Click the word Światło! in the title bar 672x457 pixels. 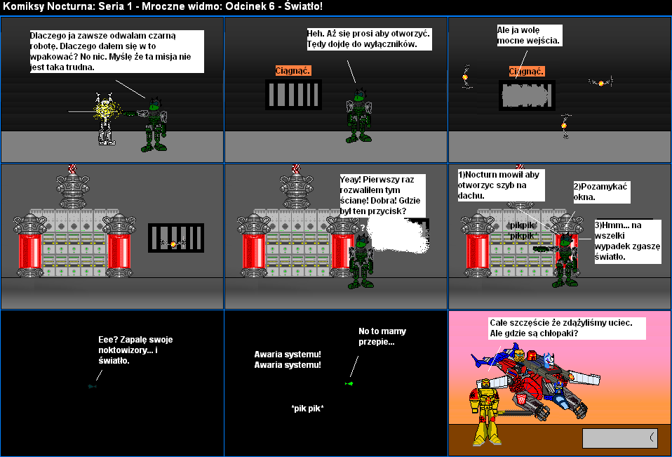pyautogui.click(x=303, y=6)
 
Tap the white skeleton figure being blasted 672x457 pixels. pyautogui.click(x=105, y=119)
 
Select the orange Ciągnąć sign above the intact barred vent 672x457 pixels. pyautogui.click(x=293, y=71)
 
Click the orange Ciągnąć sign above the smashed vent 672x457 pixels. pyautogui.click(x=527, y=71)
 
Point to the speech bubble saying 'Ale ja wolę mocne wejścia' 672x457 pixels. pyautogui.click(x=530, y=35)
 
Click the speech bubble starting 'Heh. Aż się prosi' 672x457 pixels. pyautogui.click(x=369, y=39)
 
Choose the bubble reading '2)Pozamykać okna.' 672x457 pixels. pyautogui.click(x=602, y=192)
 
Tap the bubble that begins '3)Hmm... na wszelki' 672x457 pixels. pyautogui.click(x=627, y=241)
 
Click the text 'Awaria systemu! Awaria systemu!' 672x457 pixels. pyautogui.click(x=288, y=359)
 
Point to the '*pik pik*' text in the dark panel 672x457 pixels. pyautogui.click(x=307, y=408)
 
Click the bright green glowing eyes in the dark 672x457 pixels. pyautogui.click(x=349, y=384)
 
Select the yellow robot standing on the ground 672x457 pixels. pyautogui.click(x=486, y=411)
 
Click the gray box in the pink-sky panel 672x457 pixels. pyautogui.click(x=619, y=438)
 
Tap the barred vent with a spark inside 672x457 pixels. pyautogui.click(x=176, y=238)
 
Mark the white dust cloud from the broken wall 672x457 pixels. pyautogui.click(x=398, y=235)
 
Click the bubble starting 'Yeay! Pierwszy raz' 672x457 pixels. pyautogui.click(x=382, y=195)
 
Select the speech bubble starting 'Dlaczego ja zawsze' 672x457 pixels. pyautogui.click(x=116, y=51)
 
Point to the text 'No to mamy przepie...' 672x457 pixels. pyautogui.click(x=382, y=336)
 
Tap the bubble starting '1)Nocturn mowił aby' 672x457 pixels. pyautogui.click(x=501, y=185)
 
